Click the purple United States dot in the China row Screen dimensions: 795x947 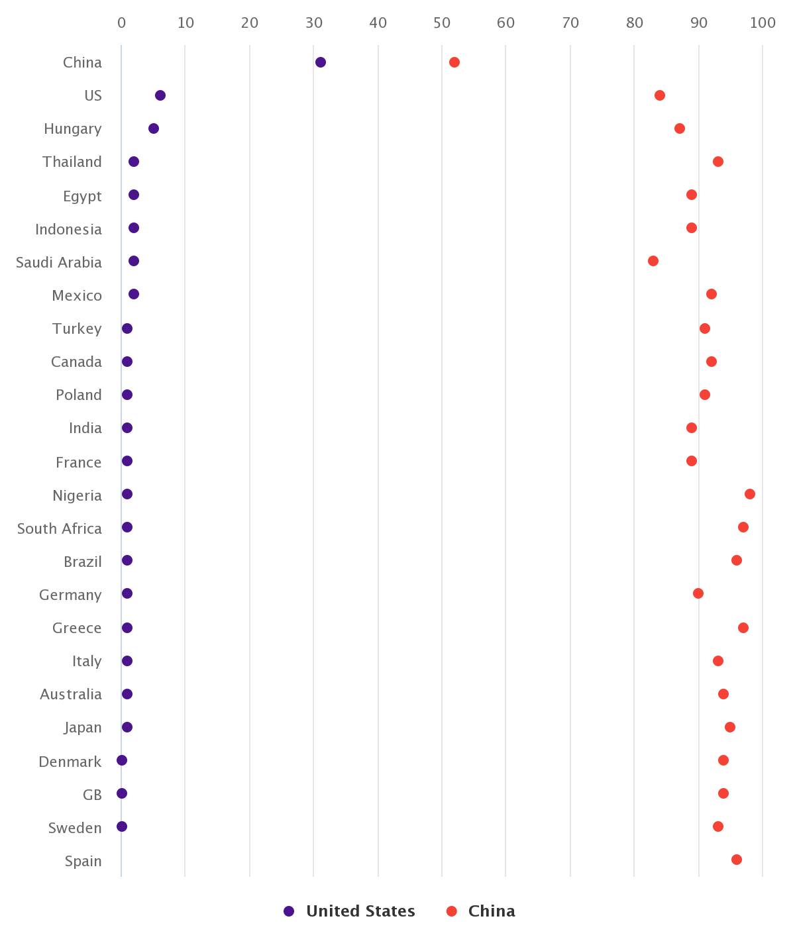tap(321, 62)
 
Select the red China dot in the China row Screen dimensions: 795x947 tap(454, 62)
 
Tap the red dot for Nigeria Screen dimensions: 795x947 tap(750, 494)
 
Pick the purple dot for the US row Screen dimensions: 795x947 tap(160, 95)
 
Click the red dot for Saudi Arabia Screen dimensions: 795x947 tap(653, 261)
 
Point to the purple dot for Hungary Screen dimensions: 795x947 tap(154, 128)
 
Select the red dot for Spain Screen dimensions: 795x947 tap(737, 860)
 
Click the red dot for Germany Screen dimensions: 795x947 tap(698, 593)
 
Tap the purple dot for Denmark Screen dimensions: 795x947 tap(122, 760)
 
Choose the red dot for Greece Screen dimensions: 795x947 tap(743, 628)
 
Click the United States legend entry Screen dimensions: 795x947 tap(350, 911)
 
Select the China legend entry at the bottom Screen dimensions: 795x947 tap(482, 911)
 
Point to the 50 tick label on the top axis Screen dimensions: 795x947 tap(442, 23)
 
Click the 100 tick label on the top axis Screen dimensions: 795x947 tap(763, 23)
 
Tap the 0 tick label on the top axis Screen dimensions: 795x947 tap(121, 23)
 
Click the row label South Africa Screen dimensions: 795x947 tap(60, 528)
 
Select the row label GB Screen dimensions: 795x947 tap(92, 795)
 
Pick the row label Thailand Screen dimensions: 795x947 tap(72, 162)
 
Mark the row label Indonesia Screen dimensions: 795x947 tap(68, 230)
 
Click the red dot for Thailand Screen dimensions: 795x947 tap(718, 162)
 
